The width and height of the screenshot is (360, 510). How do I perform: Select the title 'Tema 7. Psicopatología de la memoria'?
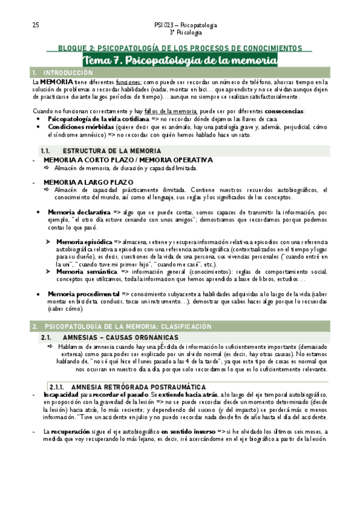tap(180, 61)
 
